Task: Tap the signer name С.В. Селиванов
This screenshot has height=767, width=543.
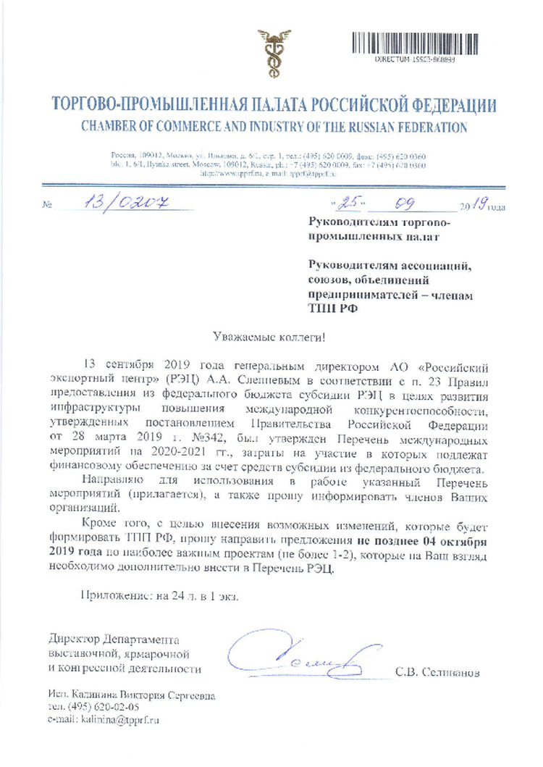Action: coord(437,671)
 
